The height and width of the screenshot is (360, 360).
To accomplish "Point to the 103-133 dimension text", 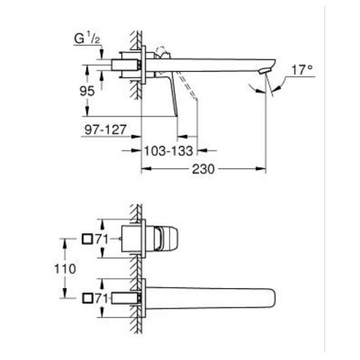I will pyautogui.click(x=168, y=150).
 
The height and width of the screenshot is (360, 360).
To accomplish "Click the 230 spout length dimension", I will pyautogui.click(x=206, y=169).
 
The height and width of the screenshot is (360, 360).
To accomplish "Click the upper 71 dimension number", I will pyautogui.click(x=99, y=240).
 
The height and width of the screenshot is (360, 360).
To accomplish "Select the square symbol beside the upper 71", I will pyautogui.click(x=87, y=240).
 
